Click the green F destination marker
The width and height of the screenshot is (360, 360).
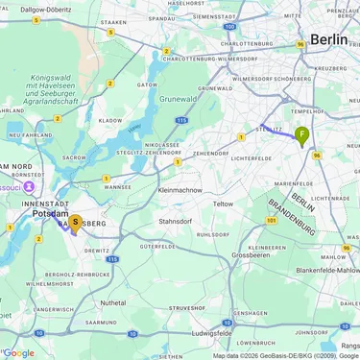click(x=302, y=135)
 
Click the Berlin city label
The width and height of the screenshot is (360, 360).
click(x=328, y=39)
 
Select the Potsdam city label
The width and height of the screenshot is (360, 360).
click(x=50, y=213)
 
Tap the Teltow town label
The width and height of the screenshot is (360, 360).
click(x=223, y=204)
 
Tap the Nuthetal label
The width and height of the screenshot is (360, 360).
click(x=112, y=301)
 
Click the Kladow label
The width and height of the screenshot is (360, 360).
click(x=110, y=121)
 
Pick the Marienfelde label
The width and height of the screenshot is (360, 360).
click(x=293, y=182)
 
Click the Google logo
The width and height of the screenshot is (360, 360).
click(x=18, y=352)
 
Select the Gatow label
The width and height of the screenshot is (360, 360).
click(x=147, y=84)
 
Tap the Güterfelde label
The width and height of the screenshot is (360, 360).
click(x=157, y=247)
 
